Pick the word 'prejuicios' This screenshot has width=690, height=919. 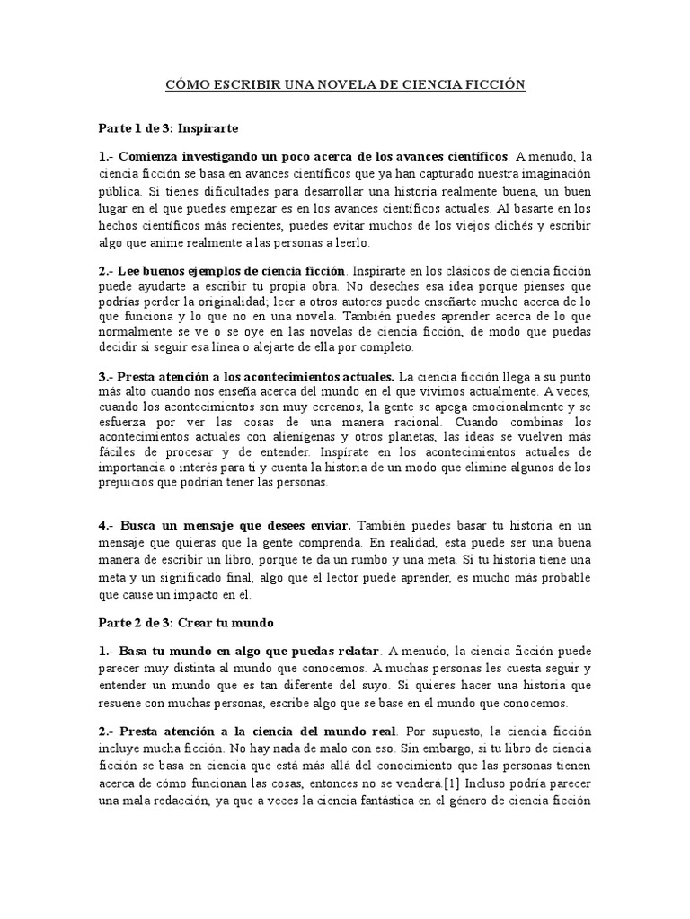pos(127,483)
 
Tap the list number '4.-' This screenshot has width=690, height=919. pos(107,524)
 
